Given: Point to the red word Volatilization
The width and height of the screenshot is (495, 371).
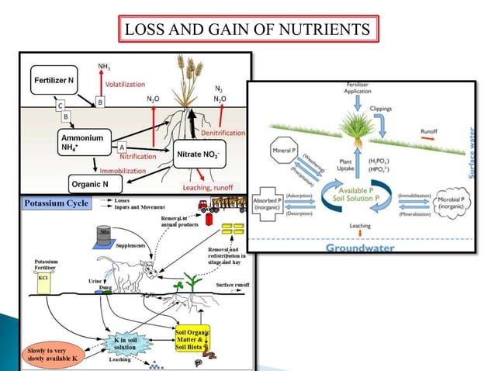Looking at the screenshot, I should tap(128, 84).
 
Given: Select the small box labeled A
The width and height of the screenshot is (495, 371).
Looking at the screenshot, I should tap(123, 146).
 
